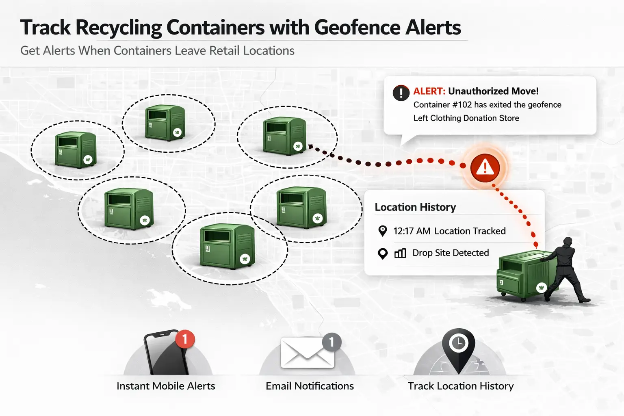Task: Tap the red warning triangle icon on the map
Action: (485, 167)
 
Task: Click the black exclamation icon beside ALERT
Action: (401, 93)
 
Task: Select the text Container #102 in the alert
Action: (442, 105)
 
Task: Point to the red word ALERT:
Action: (429, 91)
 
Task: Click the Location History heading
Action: (415, 207)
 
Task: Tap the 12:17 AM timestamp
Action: (412, 231)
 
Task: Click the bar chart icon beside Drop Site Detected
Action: (400, 253)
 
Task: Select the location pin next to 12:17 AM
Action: (382, 231)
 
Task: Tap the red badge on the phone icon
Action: (185, 338)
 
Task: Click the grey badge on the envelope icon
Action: (331, 342)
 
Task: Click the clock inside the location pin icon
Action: (459, 342)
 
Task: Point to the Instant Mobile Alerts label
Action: (166, 386)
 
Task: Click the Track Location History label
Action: (461, 386)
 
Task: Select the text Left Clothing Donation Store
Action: (466, 118)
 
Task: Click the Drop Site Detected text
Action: (451, 253)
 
